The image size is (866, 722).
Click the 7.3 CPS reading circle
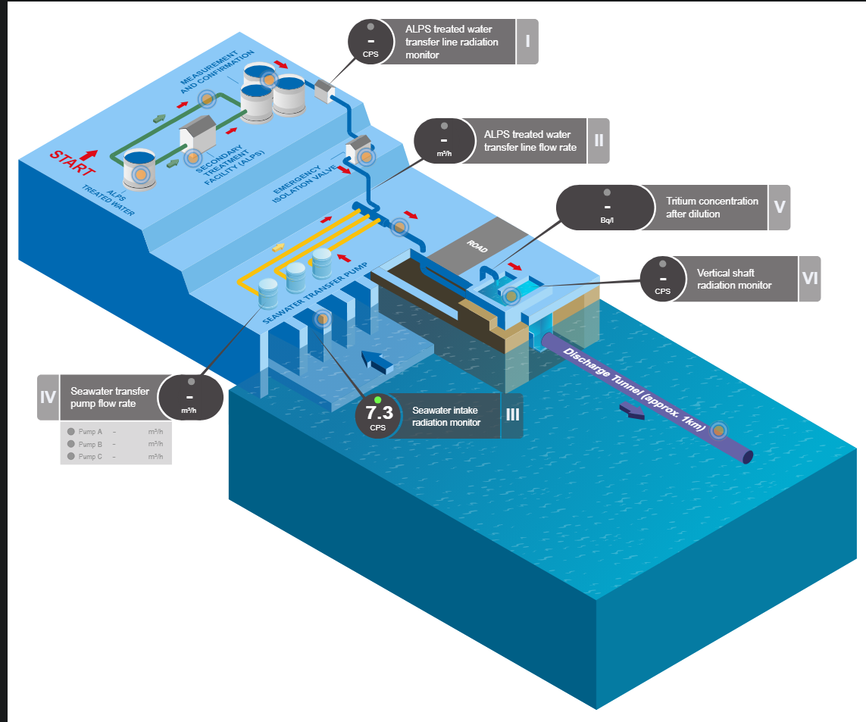(x=378, y=416)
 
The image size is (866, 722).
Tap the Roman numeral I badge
(x=527, y=41)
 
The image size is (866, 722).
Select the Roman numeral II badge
(x=599, y=141)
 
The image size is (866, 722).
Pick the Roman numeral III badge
(x=511, y=416)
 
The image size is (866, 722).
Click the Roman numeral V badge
(x=779, y=208)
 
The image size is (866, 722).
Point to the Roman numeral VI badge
(x=810, y=279)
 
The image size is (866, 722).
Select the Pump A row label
(x=90, y=431)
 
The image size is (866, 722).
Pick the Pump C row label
(x=90, y=456)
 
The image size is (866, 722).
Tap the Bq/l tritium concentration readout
(x=607, y=208)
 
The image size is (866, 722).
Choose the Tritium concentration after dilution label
(x=711, y=208)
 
